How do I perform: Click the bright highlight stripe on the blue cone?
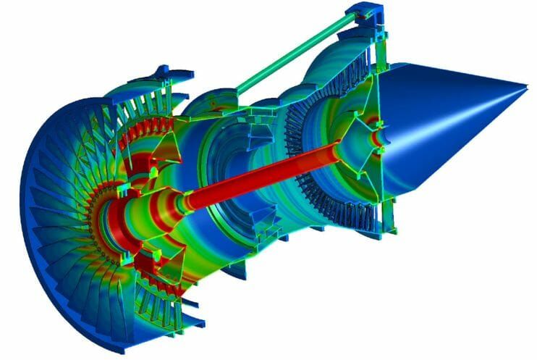[x=463, y=109]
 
